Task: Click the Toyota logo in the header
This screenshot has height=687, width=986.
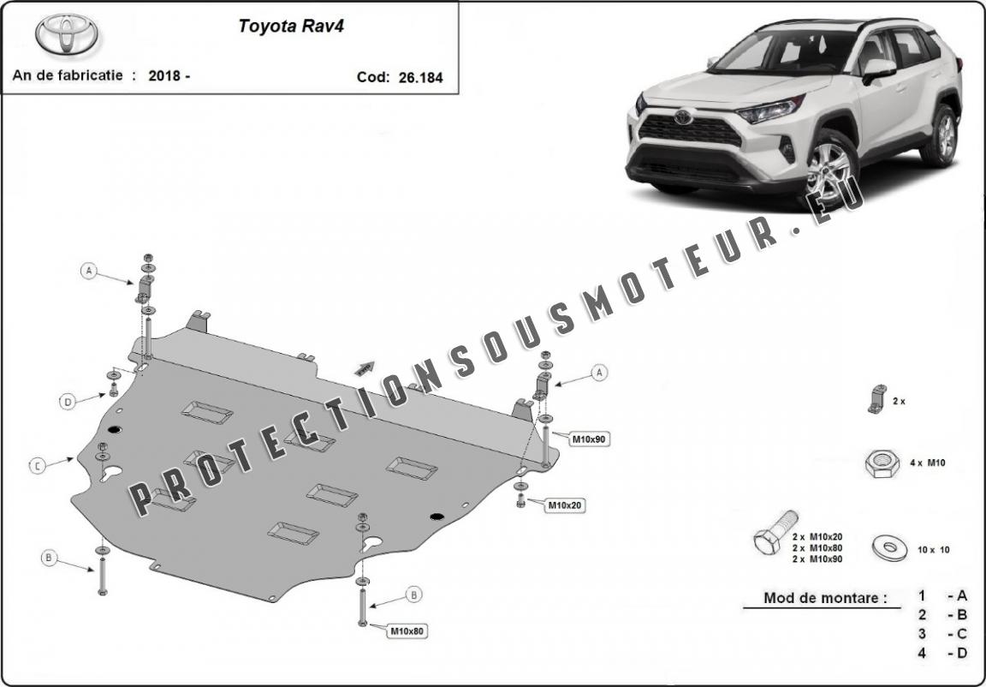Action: [x=67, y=33]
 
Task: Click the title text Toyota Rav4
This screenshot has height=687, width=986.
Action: [x=290, y=27]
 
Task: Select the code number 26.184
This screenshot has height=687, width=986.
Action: [x=421, y=77]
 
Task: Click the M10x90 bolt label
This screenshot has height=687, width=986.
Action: [x=589, y=439]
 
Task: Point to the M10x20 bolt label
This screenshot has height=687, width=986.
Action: [x=565, y=505]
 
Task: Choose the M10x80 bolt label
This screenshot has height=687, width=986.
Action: [x=407, y=630]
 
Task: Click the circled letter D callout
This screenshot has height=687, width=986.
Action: [x=68, y=401]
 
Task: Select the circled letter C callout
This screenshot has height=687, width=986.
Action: [x=37, y=465]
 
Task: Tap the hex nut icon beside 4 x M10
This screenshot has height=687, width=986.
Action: [x=882, y=463]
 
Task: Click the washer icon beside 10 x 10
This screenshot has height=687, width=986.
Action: [x=890, y=547]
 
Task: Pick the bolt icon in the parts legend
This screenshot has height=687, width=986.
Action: [x=775, y=533]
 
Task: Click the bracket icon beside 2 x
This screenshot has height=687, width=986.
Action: [x=878, y=399]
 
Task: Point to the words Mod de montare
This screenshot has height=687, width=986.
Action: [x=824, y=598]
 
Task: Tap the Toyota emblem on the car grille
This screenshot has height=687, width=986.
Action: [x=683, y=117]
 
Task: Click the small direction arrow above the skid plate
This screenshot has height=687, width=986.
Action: [x=365, y=368]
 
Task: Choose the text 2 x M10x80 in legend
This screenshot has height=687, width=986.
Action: [x=817, y=548]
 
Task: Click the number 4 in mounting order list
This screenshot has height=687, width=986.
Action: [x=921, y=653]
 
